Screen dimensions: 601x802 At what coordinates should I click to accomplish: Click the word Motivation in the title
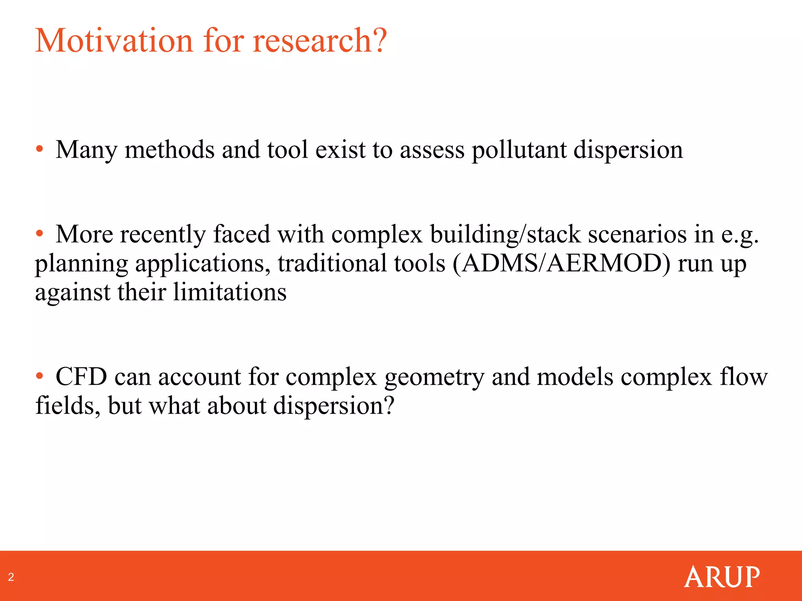click(114, 41)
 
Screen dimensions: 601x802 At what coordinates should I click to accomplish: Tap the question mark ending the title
click(379, 41)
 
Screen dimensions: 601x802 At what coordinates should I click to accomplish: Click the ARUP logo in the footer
click(722, 577)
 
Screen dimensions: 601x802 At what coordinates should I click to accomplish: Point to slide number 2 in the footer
click(11, 577)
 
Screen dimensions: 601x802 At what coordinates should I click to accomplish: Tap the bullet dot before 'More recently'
click(39, 234)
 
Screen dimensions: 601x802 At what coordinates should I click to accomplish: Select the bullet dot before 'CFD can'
click(39, 376)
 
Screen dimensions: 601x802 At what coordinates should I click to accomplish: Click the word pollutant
click(519, 150)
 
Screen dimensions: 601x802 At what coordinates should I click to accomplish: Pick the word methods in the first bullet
click(169, 150)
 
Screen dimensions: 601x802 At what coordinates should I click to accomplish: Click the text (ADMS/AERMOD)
click(561, 263)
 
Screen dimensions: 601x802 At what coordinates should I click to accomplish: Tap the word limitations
click(229, 292)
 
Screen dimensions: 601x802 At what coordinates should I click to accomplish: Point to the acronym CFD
click(81, 377)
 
